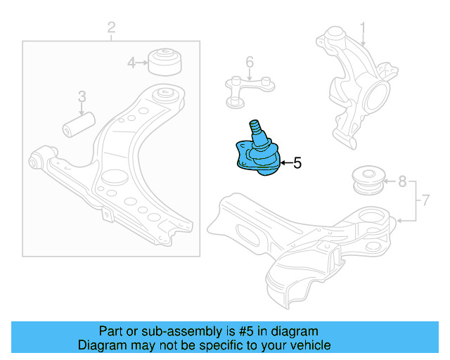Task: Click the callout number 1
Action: pyautogui.click(x=364, y=29)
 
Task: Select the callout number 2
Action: pyautogui.click(x=111, y=27)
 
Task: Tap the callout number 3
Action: pyautogui.click(x=82, y=96)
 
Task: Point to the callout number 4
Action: pyautogui.click(x=131, y=63)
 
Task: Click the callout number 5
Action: pyautogui.click(x=297, y=164)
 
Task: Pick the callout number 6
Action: pyautogui.click(x=249, y=63)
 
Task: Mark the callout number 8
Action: pyautogui.click(x=401, y=182)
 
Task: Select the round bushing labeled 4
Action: pyautogui.click(x=165, y=61)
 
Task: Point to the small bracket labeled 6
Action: pyautogui.click(x=247, y=89)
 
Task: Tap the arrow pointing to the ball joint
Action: pyautogui.click(x=284, y=164)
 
